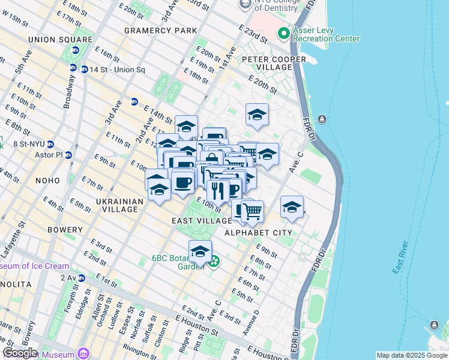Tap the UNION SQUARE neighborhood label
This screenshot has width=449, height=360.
click(60, 40)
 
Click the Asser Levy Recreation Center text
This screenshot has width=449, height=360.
click(326, 34)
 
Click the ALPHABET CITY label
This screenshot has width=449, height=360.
click(258, 233)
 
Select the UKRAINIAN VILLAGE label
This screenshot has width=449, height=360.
click(119, 205)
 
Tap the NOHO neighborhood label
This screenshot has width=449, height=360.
click(47, 181)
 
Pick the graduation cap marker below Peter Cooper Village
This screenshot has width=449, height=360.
click(257, 114)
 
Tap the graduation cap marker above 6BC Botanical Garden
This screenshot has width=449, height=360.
click(200, 251)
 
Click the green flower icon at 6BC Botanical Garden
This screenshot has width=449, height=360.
click(214, 262)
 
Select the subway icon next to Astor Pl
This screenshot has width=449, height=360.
click(68, 155)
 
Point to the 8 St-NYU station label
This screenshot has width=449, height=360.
click(24, 144)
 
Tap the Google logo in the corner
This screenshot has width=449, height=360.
click(19, 353)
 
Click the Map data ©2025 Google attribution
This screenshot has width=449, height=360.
click(412, 355)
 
